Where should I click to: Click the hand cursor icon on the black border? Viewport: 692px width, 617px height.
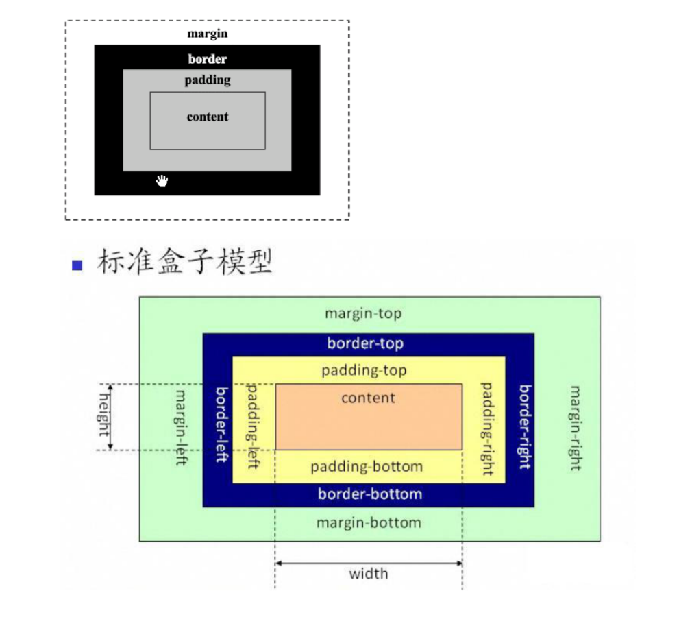pos(162,181)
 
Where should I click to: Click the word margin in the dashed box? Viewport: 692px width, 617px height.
pos(208,33)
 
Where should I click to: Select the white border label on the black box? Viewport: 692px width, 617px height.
pos(208,59)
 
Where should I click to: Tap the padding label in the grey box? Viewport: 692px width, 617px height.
pos(208,80)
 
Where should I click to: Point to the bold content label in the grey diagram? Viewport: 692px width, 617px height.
pos(208,117)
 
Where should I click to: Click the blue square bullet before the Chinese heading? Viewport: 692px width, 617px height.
pos(77,265)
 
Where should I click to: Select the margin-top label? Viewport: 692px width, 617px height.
pos(363,314)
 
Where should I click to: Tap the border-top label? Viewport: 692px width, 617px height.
pos(365,343)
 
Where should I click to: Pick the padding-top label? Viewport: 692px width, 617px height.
pos(364,371)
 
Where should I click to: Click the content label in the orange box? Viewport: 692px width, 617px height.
pos(369,398)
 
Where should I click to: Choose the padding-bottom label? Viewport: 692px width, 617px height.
pos(367,467)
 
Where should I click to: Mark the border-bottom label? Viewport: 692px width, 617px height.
pos(370,494)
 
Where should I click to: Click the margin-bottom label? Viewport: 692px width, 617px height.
pos(369,523)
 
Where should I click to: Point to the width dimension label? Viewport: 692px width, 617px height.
pos(369,574)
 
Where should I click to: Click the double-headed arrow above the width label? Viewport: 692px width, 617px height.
pos(369,564)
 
